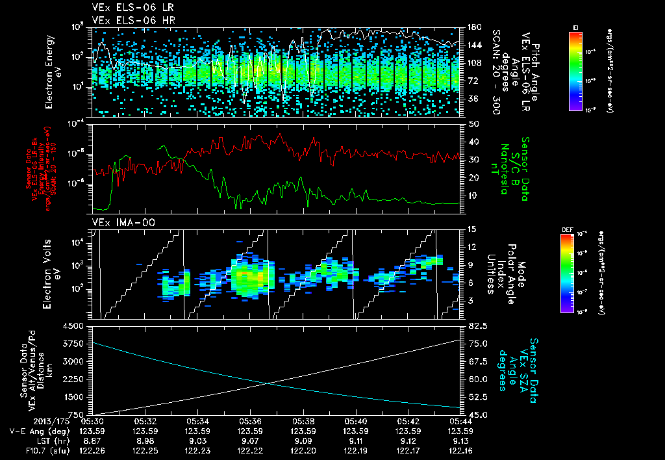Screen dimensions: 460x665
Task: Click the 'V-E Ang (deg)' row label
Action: click(36, 431)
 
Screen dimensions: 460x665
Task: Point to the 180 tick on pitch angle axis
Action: click(473, 27)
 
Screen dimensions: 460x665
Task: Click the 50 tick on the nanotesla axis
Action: click(473, 123)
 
